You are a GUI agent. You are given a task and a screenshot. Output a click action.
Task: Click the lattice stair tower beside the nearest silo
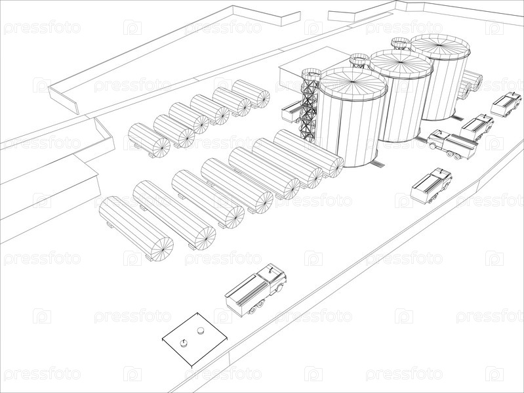coord(310,105)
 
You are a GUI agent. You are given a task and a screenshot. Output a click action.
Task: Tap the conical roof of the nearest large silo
coord(353,84)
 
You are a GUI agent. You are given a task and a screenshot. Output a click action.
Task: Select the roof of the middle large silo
coord(401,64)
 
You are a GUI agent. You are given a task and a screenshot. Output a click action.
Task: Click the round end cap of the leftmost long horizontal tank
coord(162,249)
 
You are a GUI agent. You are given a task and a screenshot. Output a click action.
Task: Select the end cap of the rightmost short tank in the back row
coord(263,98)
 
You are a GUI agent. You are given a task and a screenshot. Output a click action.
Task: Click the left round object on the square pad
coord(184,343)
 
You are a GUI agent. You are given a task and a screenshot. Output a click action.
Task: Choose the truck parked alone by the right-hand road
coord(431,186)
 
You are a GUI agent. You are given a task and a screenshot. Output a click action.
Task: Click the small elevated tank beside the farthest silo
coord(400,44)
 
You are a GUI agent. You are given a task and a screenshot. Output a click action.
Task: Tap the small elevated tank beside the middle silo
coord(359,60)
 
